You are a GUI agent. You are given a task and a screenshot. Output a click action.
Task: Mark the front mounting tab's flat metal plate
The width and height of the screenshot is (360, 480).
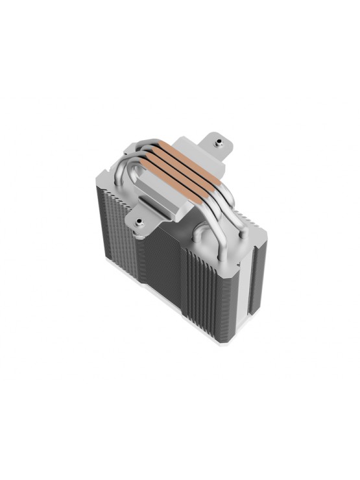[147, 217]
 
